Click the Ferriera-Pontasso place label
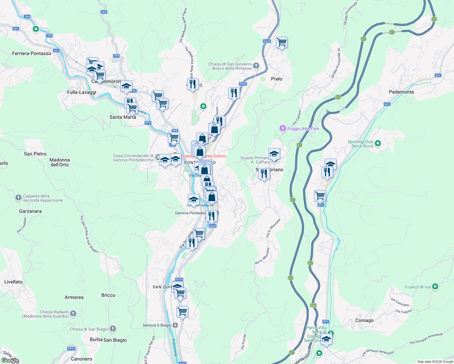tap(32, 53)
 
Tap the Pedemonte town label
tap(401, 92)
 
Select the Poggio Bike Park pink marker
tap(283, 129)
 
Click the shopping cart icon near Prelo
tap(282, 42)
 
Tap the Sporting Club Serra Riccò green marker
tap(378, 143)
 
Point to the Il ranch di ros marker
tap(435, 287)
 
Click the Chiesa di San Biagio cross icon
tap(113, 329)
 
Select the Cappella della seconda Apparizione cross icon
tap(18, 198)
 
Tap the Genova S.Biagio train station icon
tap(175, 325)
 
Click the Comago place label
tap(364, 320)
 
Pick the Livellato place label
tap(13, 282)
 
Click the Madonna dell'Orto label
tap(59, 162)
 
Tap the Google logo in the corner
tap(10, 360)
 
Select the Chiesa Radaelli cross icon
tap(73, 314)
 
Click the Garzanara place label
tap(30, 211)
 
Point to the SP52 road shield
tap(71, 349)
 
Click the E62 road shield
tap(313, 305)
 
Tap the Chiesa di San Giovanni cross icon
tap(256, 66)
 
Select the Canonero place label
tap(81, 359)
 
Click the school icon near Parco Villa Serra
tap(326, 339)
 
